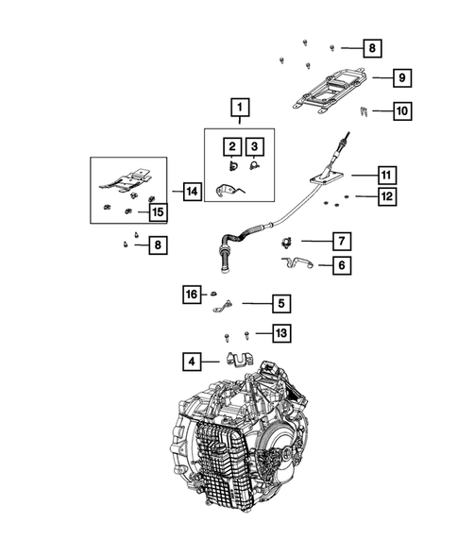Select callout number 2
tap(229, 146)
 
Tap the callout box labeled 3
tap(254, 146)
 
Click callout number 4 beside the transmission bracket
tap(192, 360)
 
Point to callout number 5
tap(280, 303)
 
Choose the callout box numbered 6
tap(340, 265)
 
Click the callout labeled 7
tap(340, 241)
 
